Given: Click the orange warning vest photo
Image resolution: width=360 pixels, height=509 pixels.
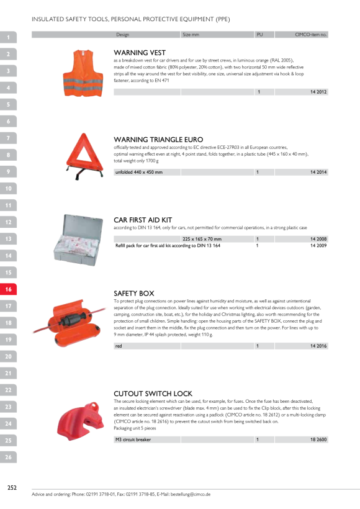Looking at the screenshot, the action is pyautogui.click(x=83, y=73).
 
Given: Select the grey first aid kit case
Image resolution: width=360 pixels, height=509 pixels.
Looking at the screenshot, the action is pyautogui.click(x=78, y=240).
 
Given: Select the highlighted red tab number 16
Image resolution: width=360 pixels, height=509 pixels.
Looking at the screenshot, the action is pyautogui.click(x=8, y=289).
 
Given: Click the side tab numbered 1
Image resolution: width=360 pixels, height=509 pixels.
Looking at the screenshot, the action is pyautogui.click(x=8, y=37).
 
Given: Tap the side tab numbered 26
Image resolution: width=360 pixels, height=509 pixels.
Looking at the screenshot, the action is pyautogui.click(x=8, y=457).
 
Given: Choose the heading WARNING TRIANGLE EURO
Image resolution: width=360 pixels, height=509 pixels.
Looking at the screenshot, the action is pyautogui.click(x=158, y=140).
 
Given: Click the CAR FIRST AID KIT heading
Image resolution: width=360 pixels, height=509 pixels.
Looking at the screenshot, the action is pyautogui.click(x=143, y=220).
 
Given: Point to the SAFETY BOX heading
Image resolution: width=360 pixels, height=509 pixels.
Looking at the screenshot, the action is pyautogui.click(x=133, y=294).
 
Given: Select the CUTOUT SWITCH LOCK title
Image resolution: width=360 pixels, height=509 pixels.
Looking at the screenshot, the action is pyautogui.click(x=153, y=394).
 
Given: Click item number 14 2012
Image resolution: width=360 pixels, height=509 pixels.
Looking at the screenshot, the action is pyautogui.click(x=318, y=92).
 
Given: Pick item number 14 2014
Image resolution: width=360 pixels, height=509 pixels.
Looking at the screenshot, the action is pyautogui.click(x=318, y=172).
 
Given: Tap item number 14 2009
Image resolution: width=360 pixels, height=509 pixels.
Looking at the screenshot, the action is pyautogui.click(x=318, y=246).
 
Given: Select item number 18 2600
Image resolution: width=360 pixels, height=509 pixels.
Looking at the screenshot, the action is pyautogui.click(x=318, y=439).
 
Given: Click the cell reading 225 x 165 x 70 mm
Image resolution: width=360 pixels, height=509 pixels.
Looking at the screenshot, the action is pyautogui.click(x=202, y=239).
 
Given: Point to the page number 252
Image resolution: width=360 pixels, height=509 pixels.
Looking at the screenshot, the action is pyautogui.click(x=12, y=487).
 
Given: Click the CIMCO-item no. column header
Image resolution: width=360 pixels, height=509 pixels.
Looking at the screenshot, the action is pyautogui.click(x=311, y=34).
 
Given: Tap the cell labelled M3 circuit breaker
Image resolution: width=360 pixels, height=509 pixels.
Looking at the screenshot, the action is pyautogui.click(x=133, y=439).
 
